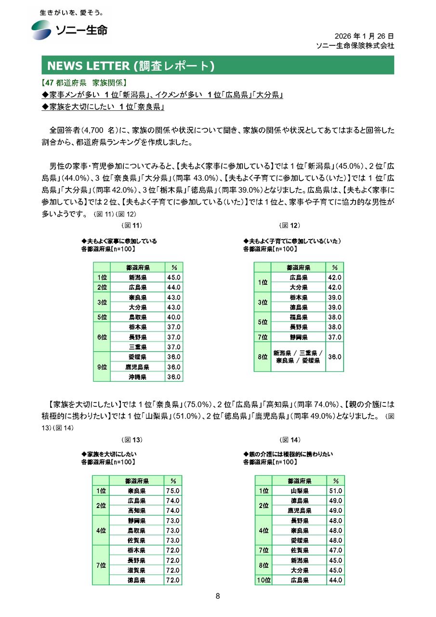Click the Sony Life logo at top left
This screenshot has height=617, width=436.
pyautogui.click(x=70, y=30)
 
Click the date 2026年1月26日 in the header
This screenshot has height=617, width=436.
pyautogui.click(x=364, y=36)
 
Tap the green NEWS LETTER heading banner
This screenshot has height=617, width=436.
pyautogui.click(x=217, y=65)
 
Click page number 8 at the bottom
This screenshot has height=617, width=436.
pyautogui.click(x=218, y=596)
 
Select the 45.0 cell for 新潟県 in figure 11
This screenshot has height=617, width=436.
pyautogui.click(x=173, y=278)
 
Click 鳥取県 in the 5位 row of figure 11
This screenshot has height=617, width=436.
pyautogui.click(x=138, y=317)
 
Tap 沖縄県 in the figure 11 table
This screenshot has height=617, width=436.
pyautogui.click(x=138, y=377)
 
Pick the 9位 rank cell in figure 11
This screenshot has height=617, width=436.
pyautogui.click(x=102, y=367)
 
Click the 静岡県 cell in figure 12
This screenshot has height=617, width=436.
pyautogui.click(x=299, y=337)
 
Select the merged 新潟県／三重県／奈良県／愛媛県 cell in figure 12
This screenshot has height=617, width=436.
pyautogui.click(x=299, y=357)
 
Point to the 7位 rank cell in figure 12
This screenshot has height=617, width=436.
pyautogui.click(x=263, y=337)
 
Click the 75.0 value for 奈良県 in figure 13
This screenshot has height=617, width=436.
pyautogui.click(x=172, y=491)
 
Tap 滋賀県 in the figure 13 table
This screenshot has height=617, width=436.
pyautogui.click(x=137, y=570)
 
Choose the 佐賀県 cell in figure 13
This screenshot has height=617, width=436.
pyautogui.click(x=137, y=540)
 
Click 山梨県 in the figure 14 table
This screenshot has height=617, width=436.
pyautogui.click(x=300, y=491)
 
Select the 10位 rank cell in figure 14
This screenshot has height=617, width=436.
pyautogui.click(x=264, y=580)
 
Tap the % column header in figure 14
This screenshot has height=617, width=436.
pyautogui.click(x=335, y=481)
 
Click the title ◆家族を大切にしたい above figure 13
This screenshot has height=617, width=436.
pyautogui.click(x=109, y=454)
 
